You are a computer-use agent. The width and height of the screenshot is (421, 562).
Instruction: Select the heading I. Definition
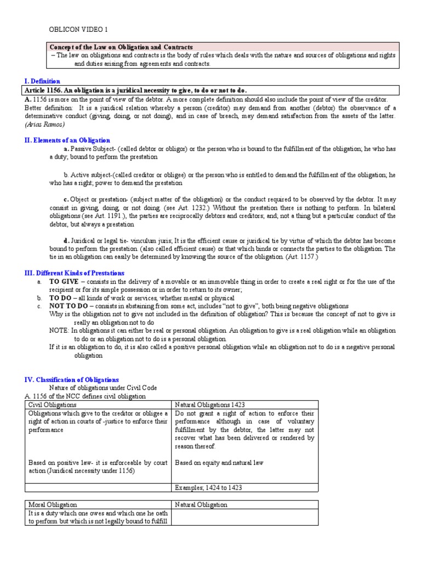point(42,81)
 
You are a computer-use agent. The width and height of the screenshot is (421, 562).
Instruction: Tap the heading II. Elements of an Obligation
point(67,140)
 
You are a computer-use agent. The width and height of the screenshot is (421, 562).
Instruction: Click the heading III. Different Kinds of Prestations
point(75,273)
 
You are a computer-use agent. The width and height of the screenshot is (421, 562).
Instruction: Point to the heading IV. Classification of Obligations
point(72,380)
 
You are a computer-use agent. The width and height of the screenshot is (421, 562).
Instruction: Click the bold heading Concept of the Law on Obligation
point(121,48)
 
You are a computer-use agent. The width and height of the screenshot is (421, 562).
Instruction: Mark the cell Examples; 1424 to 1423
point(208,487)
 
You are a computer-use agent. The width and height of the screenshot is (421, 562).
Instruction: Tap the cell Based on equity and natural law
point(219,463)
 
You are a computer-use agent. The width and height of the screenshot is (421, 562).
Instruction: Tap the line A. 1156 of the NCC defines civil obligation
point(85,396)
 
